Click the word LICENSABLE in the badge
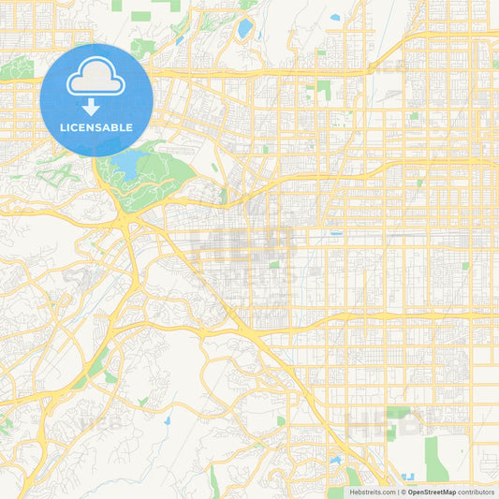pyautogui.click(x=96, y=127)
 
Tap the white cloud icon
pyautogui.click(x=96, y=80)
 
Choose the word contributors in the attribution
pyautogui.click(x=476, y=492)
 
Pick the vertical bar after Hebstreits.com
pyautogui.click(x=397, y=492)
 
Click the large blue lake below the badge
pyautogui.click(x=126, y=167)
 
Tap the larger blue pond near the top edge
pyautogui.click(x=245, y=29)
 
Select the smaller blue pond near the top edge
pyautogui.click(x=334, y=17)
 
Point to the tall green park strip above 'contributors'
pyautogui.click(x=435, y=459)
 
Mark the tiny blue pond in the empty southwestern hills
pyautogui.click(x=166, y=420)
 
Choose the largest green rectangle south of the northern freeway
pyautogui.click(x=324, y=90)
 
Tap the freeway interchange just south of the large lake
pyautogui.click(x=125, y=221)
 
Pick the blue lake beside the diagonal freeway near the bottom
pyautogui.click(x=334, y=461)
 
